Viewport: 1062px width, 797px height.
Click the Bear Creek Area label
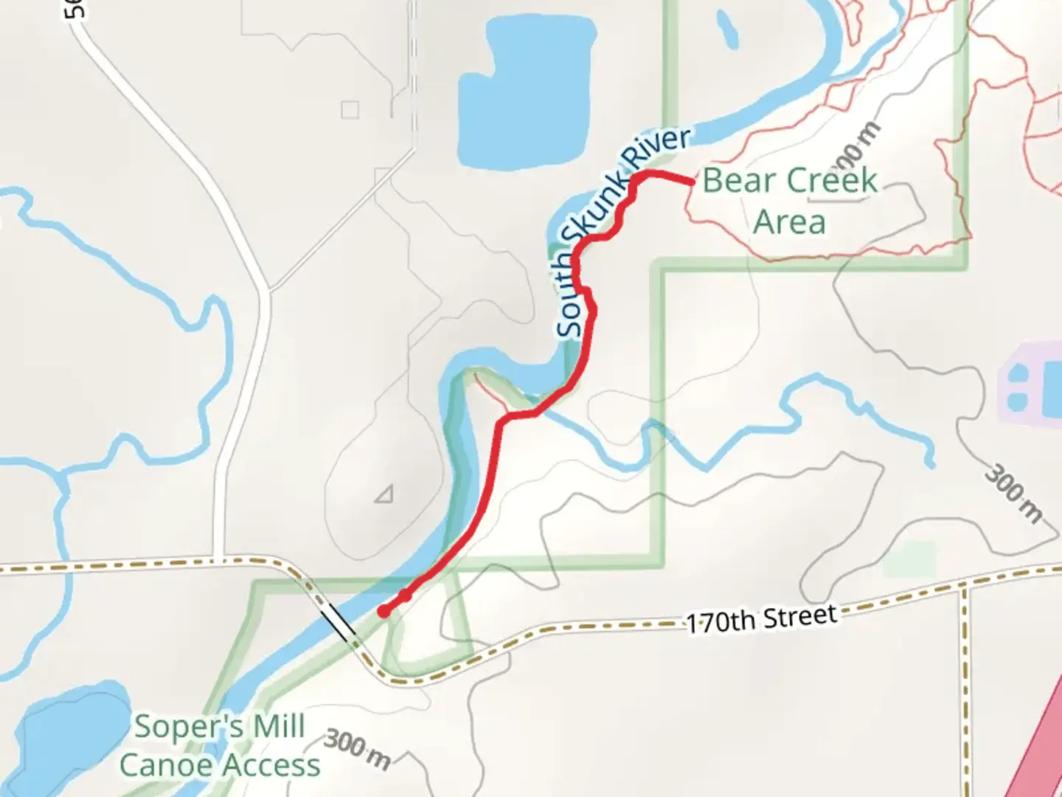pyautogui.click(x=790, y=200)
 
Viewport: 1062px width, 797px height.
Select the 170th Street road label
pyautogui.click(x=762, y=619)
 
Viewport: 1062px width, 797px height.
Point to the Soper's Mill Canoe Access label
pyautogui.click(x=220, y=746)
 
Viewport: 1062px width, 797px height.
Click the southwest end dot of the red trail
pyautogui.click(x=383, y=611)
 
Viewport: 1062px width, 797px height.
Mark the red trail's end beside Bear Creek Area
pyautogui.click(x=691, y=181)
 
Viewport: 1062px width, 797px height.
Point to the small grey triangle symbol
pyautogui.click(x=384, y=494)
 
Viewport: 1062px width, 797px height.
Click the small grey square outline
pyautogui.click(x=350, y=110)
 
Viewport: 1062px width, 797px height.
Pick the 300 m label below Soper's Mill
pyautogui.click(x=358, y=748)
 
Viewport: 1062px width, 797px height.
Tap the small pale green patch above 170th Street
pyautogui.click(x=909, y=559)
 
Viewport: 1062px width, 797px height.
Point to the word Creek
pyautogui.click(x=831, y=180)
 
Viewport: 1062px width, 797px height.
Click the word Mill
pyautogui.click(x=279, y=727)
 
